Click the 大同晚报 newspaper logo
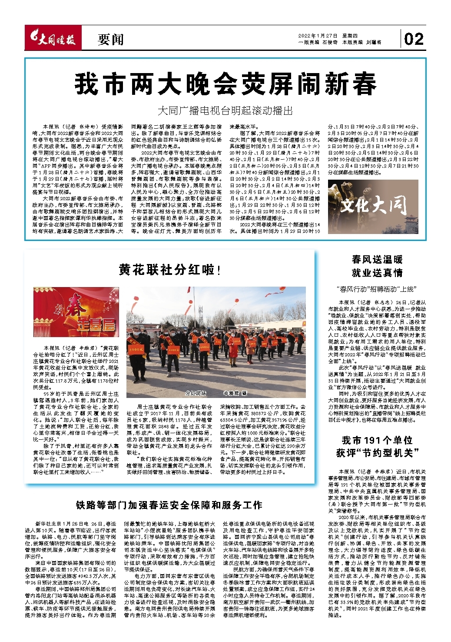(x=52, y=40)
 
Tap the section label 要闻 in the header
(x=110, y=40)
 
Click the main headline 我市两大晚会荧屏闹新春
(x=225, y=84)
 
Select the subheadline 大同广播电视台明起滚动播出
(x=225, y=110)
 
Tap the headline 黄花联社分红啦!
(x=169, y=270)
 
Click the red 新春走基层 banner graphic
(x=76, y=309)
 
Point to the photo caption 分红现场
(x=196, y=393)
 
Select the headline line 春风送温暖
(x=377, y=260)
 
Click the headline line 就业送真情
(x=377, y=273)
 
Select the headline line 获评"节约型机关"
(x=377, y=453)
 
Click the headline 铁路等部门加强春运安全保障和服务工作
(x=169, y=505)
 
